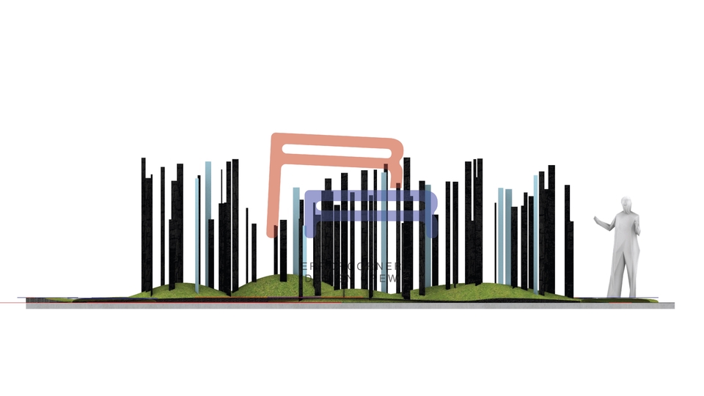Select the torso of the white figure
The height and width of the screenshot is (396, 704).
(625, 235)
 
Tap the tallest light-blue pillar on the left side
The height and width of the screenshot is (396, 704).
(208, 220)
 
